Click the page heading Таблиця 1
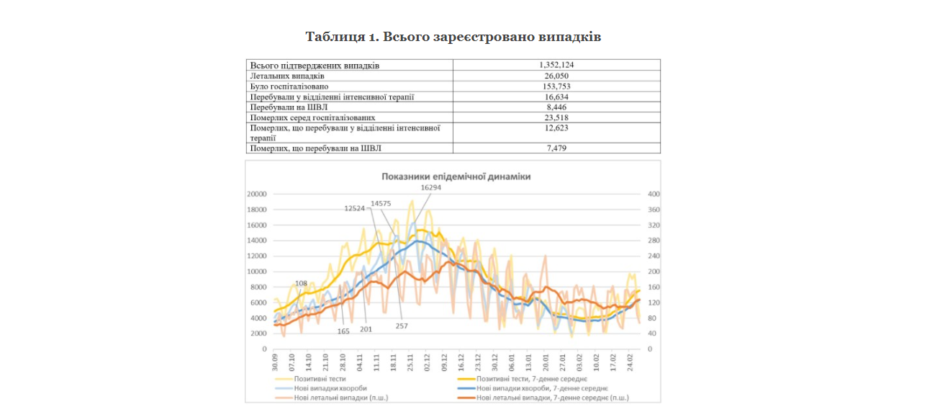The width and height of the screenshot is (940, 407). tap(453, 37)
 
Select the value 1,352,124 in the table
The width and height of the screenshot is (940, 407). tap(556, 65)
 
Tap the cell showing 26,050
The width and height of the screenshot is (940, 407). tap(556, 76)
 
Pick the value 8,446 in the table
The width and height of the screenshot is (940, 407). tap(556, 107)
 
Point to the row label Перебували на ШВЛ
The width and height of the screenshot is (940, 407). tap(285, 107)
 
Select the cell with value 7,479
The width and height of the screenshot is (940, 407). tap(556, 148)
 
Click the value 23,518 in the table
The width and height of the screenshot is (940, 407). tap(556, 117)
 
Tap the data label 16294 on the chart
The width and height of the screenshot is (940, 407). tap(430, 187)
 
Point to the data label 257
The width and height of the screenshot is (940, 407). tap(402, 326)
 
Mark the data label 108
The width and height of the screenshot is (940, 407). tap(301, 283)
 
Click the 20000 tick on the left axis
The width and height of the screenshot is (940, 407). tap(257, 194)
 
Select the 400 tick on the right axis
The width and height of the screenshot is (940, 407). tap(654, 194)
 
